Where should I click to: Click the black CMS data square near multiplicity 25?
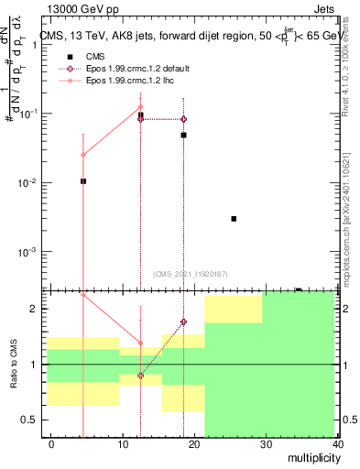click(235, 219)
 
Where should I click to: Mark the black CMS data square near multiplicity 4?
click(83, 181)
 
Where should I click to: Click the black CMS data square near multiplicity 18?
click(183, 135)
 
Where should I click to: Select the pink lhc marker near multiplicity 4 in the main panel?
click(83, 155)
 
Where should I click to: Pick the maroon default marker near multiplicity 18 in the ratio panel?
click(183, 322)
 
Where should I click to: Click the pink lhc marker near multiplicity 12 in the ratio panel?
click(140, 344)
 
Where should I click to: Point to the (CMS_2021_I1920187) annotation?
click(191, 274)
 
